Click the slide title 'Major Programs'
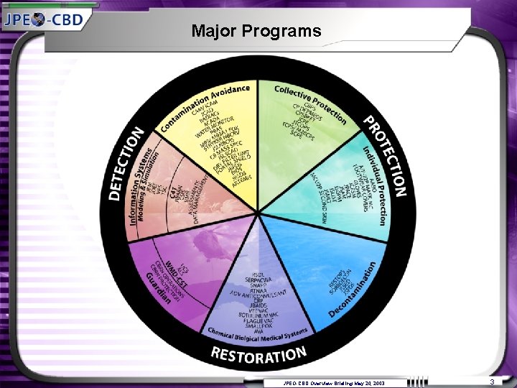[256, 32]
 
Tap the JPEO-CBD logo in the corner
[45, 18]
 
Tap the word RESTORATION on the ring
[258, 353]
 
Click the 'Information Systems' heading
[142, 187]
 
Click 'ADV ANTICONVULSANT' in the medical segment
[257, 292]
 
